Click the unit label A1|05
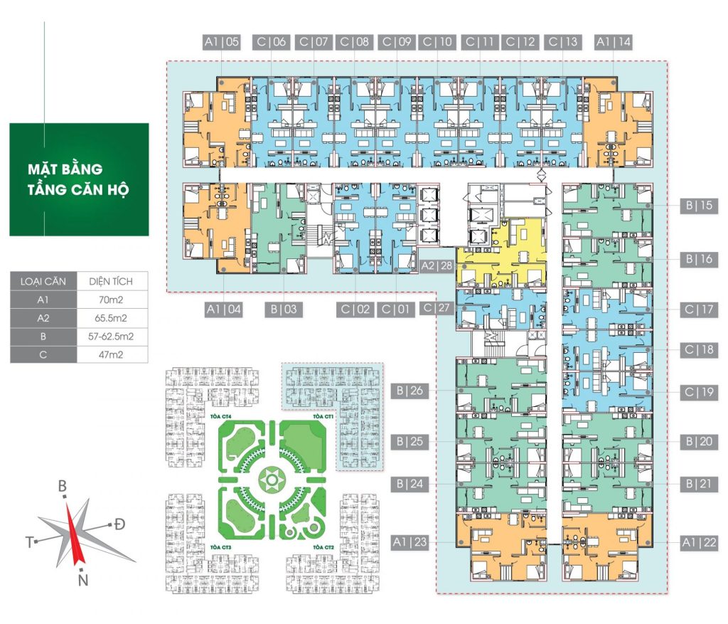pos(222,43)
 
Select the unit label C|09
pos(396,43)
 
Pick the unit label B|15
pos(697,206)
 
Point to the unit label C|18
pos(697,350)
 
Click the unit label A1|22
pos(697,542)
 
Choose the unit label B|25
pos(408,442)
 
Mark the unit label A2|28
pos(437,265)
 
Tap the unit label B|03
pos(283,309)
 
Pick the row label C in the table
pos(43,354)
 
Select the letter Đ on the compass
pos(120,524)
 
